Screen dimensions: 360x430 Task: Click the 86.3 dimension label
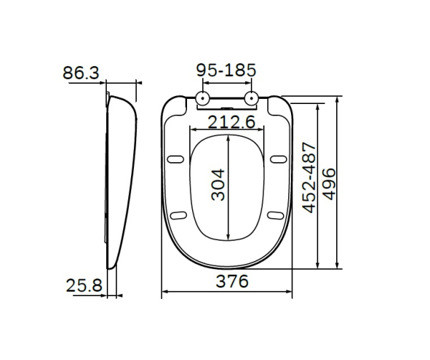80,72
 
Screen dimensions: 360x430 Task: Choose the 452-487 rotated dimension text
310,184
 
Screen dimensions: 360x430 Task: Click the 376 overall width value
229,282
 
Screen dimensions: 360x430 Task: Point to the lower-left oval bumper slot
179,214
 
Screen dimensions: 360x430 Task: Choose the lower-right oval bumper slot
274,214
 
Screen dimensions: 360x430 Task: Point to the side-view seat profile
120,179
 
